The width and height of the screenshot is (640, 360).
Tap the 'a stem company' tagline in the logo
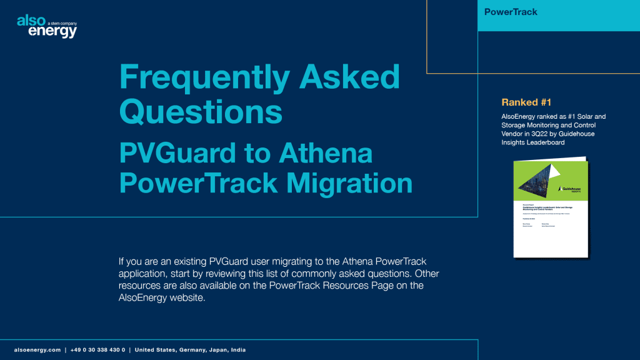(x=62, y=22)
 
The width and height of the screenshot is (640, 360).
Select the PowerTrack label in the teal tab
(x=511, y=12)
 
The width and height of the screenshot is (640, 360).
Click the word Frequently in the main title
(x=199, y=77)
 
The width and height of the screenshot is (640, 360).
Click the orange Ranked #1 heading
(x=526, y=102)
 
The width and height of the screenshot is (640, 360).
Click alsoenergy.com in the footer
(x=37, y=350)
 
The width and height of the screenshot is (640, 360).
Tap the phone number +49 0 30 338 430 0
(x=97, y=350)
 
